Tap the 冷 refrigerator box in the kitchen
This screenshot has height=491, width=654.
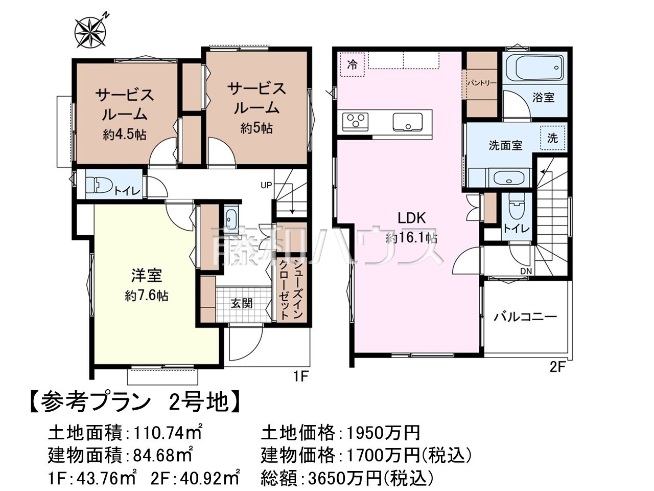(352, 64)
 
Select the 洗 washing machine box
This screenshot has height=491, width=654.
(552, 138)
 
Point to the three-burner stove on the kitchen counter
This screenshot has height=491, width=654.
(355, 122)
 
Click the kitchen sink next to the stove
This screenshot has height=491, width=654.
(407, 122)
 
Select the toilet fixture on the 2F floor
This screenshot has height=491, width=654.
(517, 207)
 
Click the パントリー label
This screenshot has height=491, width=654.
(482, 83)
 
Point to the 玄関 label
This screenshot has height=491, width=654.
(242, 304)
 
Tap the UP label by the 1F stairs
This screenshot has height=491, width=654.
(266, 185)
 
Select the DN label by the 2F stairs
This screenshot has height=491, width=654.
(526, 271)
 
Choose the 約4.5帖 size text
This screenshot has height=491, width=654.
(125, 136)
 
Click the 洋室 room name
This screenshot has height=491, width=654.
(147, 275)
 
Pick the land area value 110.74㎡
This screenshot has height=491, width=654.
(168, 433)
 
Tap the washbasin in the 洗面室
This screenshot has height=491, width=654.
(508, 178)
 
